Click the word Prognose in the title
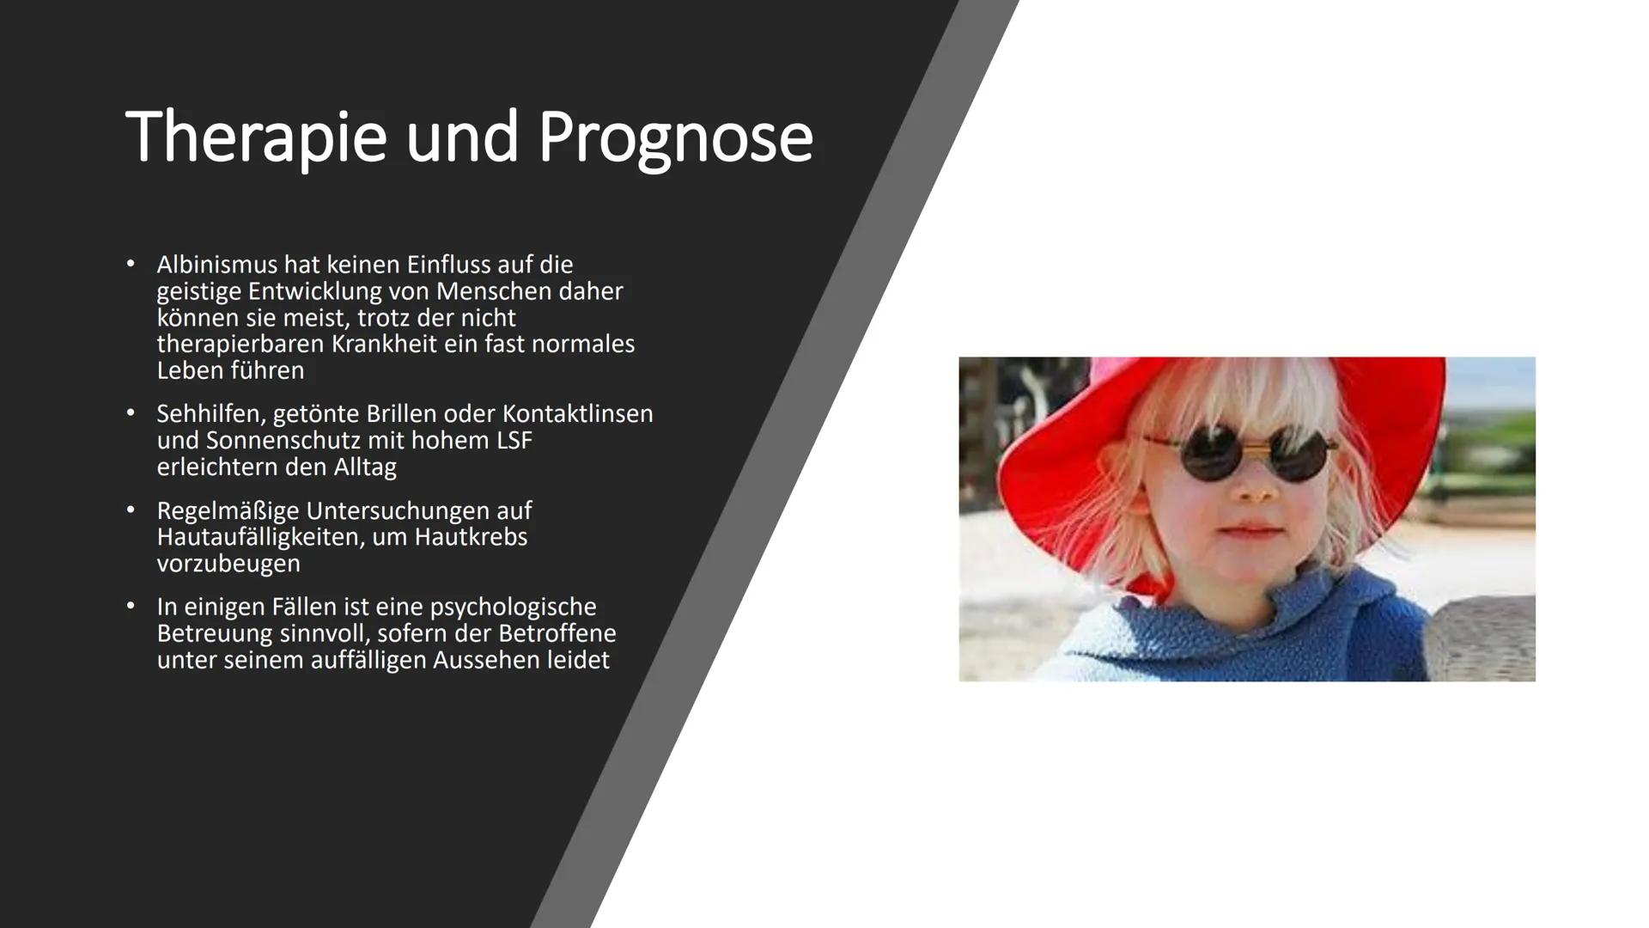tap(675, 137)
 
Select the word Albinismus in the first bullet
tap(216, 265)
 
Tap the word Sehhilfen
tap(210, 414)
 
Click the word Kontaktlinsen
tap(577, 414)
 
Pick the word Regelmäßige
tap(228, 511)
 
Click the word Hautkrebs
tap(471, 538)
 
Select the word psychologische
tap(513, 607)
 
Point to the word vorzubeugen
tap(228, 565)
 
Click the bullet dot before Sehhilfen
tap(131, 413)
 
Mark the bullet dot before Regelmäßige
tap(131, 510)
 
